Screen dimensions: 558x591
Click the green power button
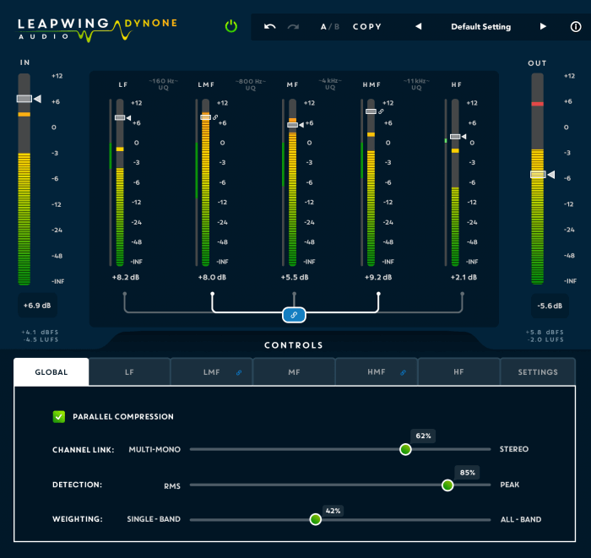click(231, 26)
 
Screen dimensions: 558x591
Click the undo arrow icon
click(269, 26)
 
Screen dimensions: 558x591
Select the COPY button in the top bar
click(367, 27)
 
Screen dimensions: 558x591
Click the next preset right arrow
click(543, 27)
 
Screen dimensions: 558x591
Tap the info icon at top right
click(576, 27)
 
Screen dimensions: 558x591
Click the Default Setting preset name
click(480, 27)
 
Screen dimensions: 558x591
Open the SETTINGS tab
click(538, 371)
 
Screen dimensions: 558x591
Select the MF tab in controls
click(294, 371)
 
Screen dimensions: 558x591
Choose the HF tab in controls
click(458, 371)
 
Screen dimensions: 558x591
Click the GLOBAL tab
click(52, 371)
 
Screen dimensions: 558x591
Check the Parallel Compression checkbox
click(59, 416)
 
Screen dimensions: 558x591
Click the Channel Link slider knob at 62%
click(405, 449)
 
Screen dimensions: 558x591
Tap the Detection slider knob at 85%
click(447, 485)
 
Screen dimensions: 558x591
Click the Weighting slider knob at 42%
click(316, 519)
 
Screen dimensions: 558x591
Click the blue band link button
click(294, 315)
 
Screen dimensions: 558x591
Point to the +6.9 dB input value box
click(36, 306)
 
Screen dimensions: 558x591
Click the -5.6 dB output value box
click(550, 306)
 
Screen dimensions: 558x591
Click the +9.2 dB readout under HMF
click(377, 277)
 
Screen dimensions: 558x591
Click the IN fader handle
click(24, 99)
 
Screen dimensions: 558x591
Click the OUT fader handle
click(538, 175)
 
